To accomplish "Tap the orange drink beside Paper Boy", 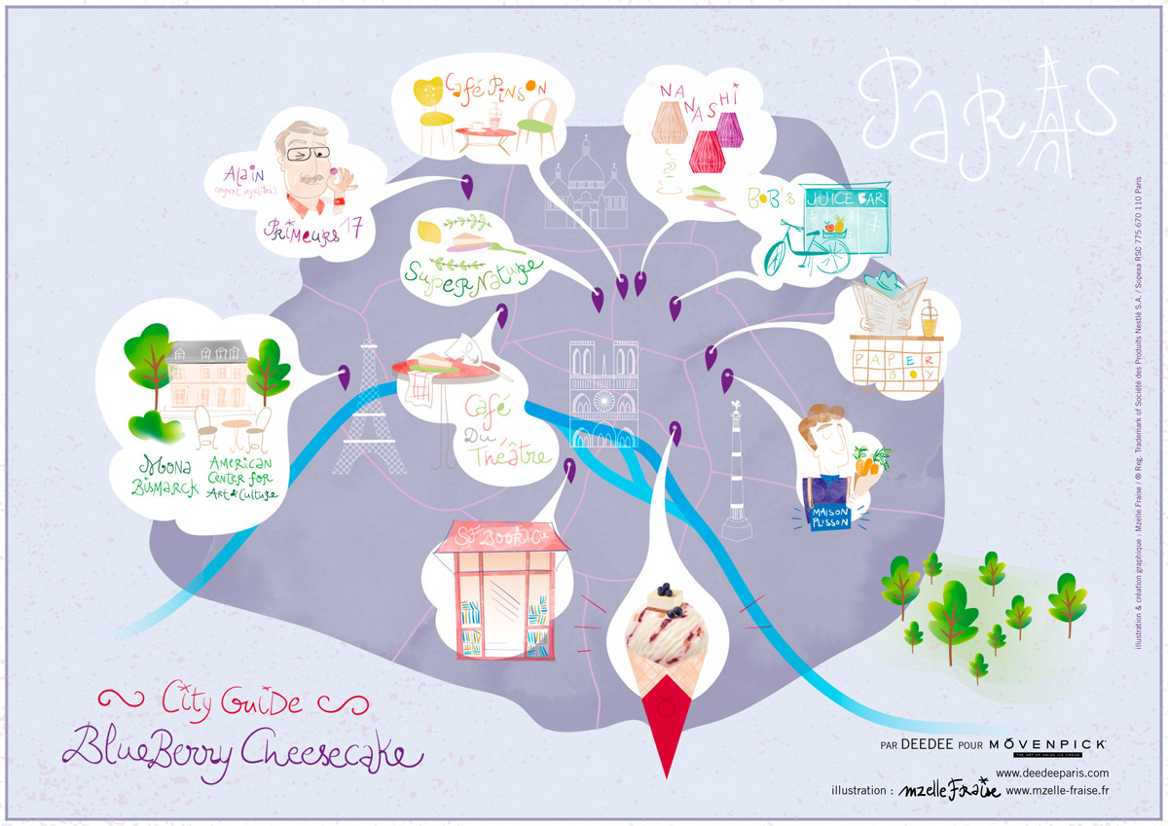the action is click(x=929, y=315).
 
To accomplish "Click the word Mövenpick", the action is click(x=1047, y=744).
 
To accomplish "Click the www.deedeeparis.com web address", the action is click(x=1052, y=772).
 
